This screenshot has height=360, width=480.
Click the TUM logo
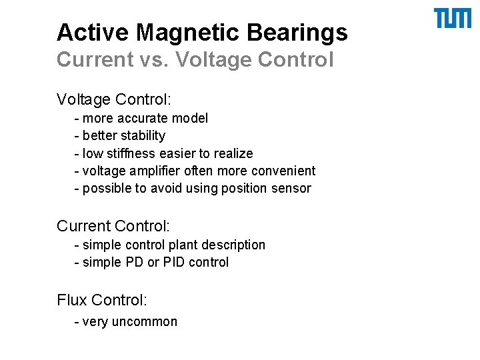coord(452,19)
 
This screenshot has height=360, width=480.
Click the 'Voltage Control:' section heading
coord(114,100)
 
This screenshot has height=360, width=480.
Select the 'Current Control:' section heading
coord(113,227)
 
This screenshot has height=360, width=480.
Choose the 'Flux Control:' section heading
coord(102,300)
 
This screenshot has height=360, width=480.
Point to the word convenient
coord(286,171)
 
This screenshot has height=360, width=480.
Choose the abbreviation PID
coord(173,262)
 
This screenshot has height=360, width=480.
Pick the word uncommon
coord(145,322)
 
